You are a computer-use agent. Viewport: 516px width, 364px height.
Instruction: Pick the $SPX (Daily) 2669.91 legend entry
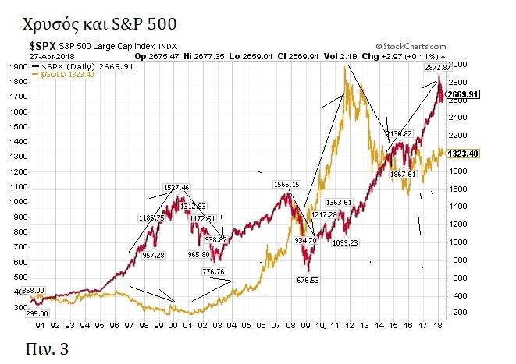pyautogui.click(x=80, y=66)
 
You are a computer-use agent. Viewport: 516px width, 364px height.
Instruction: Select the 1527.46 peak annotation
pyautogui.click(x=176, y=188)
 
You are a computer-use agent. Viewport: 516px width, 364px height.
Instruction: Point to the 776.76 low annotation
pyautogui.click(x=213, y=272)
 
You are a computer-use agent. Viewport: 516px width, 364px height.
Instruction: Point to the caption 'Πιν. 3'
pyautogui.click(x=48, y=347)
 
